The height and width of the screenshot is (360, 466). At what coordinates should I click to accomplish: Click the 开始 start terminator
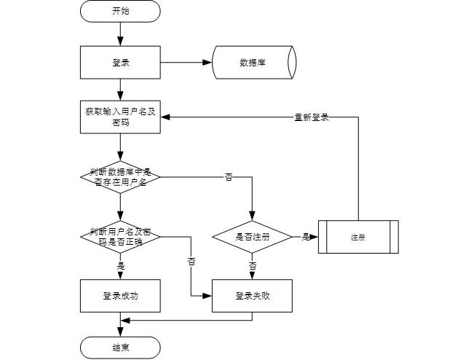point(120,11)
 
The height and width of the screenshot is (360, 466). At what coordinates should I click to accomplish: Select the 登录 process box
point(120,63)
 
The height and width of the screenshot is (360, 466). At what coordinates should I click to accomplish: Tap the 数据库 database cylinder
point(253,63)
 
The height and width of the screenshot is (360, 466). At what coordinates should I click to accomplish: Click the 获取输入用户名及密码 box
point(120,117)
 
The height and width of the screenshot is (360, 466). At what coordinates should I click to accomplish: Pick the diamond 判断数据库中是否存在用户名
point(120,176)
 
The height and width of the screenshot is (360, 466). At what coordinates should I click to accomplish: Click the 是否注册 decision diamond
point(253,237)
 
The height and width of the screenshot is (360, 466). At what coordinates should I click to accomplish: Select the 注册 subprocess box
point(358,237)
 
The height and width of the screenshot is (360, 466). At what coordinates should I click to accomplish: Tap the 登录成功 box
point(120,296)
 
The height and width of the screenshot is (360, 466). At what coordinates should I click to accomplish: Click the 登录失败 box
point(253,296)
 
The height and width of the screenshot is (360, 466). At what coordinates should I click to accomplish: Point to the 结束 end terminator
point(120,347)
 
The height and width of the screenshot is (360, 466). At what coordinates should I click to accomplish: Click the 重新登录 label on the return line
point(311,117)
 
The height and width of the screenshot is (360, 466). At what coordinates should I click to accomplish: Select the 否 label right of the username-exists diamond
point(228,177)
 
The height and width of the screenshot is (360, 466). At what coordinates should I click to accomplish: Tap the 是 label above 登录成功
point(120,266)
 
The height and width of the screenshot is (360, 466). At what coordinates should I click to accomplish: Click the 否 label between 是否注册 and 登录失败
point(253,266)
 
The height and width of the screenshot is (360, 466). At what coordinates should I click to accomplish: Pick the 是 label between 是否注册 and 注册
point(305,237)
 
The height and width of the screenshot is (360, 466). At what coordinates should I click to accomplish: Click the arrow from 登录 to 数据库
point(186,63)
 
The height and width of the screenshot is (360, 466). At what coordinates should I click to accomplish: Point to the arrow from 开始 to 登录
point(120,34)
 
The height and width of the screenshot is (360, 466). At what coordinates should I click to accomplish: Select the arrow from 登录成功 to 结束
point(120,325)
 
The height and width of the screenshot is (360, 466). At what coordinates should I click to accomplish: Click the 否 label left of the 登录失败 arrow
point(192,260)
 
